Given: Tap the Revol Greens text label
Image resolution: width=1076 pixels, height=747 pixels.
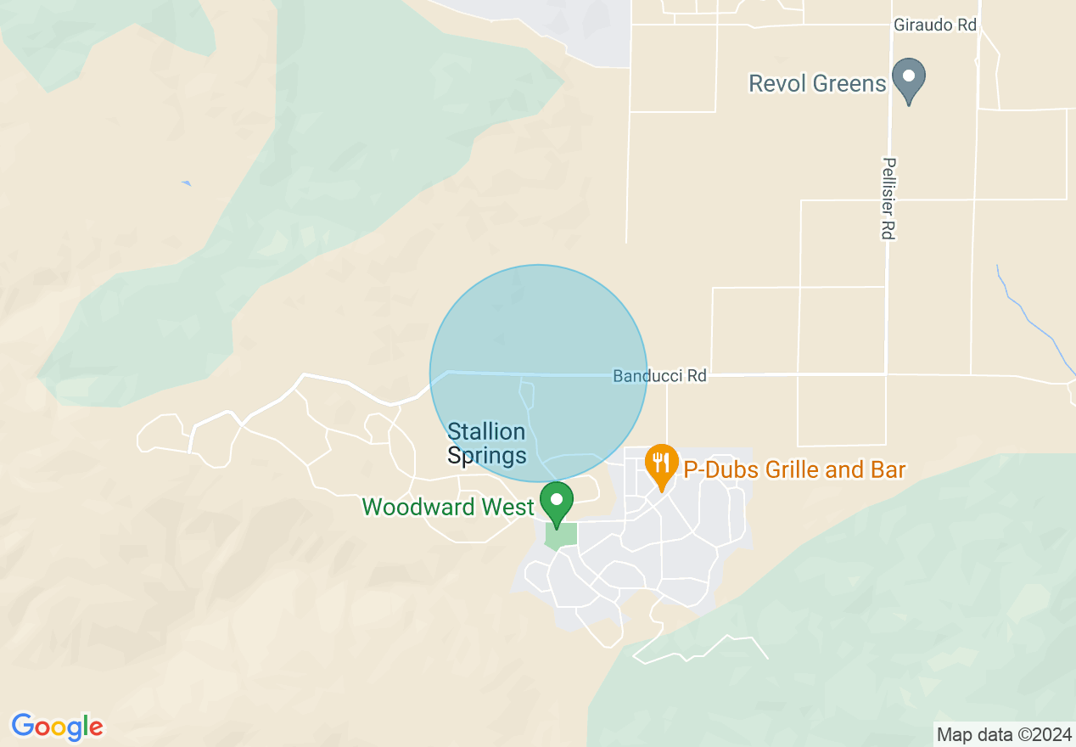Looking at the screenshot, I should click(x=817, y=83).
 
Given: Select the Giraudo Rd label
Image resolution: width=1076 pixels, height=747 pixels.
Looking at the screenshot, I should click(x=935, y=25).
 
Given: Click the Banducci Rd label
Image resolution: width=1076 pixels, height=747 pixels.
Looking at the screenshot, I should click(x=659, y=375).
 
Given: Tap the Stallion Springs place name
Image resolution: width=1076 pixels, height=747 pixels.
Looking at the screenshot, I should click(x=486, y=444).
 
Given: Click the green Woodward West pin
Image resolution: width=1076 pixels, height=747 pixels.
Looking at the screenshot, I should click(x=557, y=502).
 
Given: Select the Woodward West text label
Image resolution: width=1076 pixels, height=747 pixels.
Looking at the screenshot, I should click(x=448, y=507).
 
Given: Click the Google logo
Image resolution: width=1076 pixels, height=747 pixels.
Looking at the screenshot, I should click(x=57, y=727).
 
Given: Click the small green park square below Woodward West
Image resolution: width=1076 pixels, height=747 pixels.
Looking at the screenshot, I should click(x=561, y=535).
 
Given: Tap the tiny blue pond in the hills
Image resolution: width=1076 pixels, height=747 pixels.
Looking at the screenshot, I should click(x=186, y=183).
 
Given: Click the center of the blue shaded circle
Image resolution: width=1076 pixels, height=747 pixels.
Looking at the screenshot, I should click(x=538, y=373).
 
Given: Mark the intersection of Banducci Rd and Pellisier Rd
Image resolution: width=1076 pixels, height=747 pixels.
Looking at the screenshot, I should click(x=886, y=373).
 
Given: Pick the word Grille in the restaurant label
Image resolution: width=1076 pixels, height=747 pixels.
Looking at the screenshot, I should click(x=796, y=469).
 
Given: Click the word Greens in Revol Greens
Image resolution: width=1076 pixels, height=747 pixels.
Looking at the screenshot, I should click(x=851, y=83).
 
